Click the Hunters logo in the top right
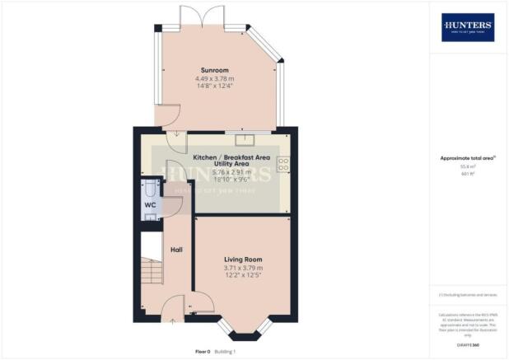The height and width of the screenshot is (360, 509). click(x=467, y=27)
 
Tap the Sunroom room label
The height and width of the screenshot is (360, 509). click(x=215, y=71)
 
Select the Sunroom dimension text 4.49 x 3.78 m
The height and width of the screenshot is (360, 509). click(x=215, y=80)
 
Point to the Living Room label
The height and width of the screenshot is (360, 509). click(x=242, y=259)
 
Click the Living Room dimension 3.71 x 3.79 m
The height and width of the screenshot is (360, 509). click(x=242, y=269)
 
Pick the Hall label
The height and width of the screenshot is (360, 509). click(x=176, y=249)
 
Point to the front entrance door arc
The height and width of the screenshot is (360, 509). click(x=172, y=310)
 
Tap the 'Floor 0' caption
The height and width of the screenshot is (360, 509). click(x=203, y=351)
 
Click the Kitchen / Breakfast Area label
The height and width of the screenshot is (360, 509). click(x=231, y=156)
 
